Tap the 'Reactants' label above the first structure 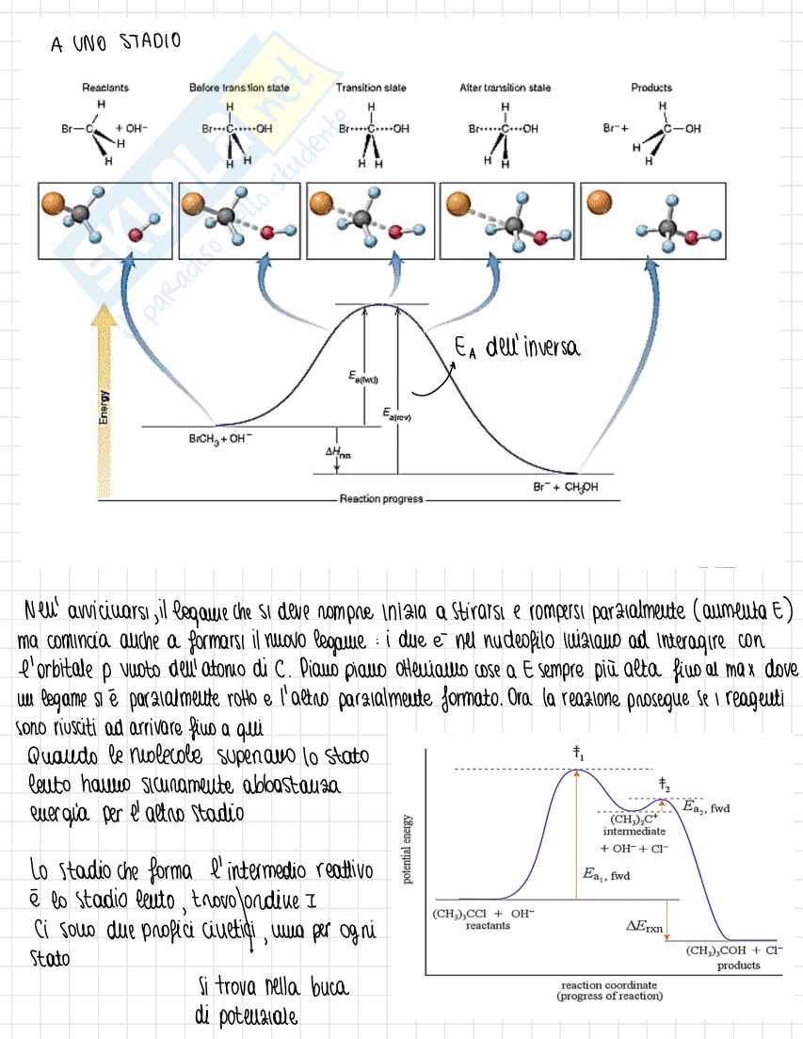[x=104, y=88]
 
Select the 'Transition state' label [x=371, y=88]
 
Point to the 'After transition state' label [x=505, y=88]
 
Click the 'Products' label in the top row [x=651, y=88]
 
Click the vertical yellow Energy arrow [x=105, y=405]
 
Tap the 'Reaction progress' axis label [x=381, y=499]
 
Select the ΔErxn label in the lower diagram [x=645, y=925]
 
